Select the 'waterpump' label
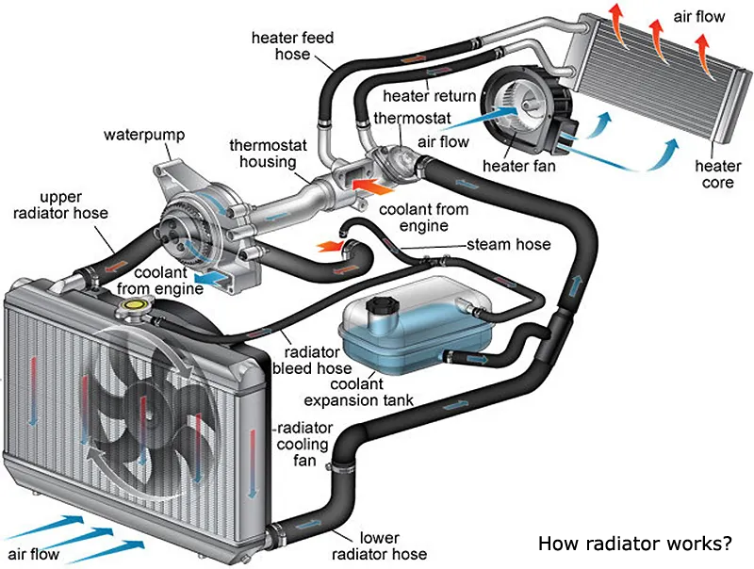pos(138,135)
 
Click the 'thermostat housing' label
pos(263,154)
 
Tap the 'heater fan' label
pos(519,167)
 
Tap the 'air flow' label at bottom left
pos(33,552)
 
